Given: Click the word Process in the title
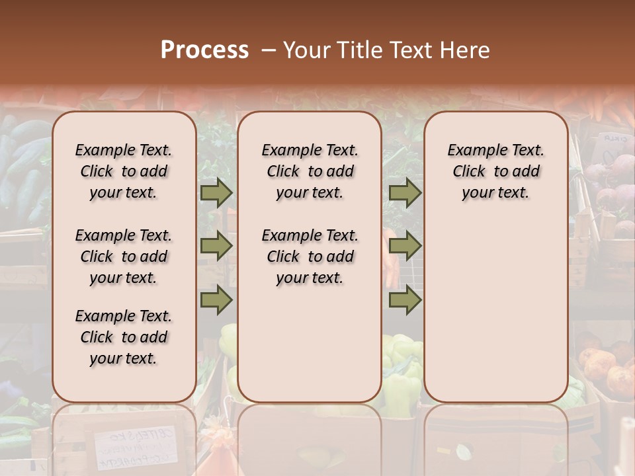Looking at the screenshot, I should tap(204, 50).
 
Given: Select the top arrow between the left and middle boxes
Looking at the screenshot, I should tap(216, 193).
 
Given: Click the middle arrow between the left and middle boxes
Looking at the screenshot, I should tap(216, 247).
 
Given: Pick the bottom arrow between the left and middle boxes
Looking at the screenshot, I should tap(216, 300).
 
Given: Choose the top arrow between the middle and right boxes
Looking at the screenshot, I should tap(405, 193).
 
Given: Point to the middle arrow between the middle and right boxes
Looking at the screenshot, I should tap(405, 247).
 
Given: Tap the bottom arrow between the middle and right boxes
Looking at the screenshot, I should tap(405, 300).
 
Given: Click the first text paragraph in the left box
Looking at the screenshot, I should tap(124, 171).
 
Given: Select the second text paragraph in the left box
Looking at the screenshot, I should tap(124, 257).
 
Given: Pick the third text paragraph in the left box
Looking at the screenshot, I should tap(124, 337).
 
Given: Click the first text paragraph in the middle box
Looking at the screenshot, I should tap(310, 171).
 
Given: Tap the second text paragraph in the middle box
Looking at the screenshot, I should tap(310, 257).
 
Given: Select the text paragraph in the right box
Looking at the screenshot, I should tap(496, 171).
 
